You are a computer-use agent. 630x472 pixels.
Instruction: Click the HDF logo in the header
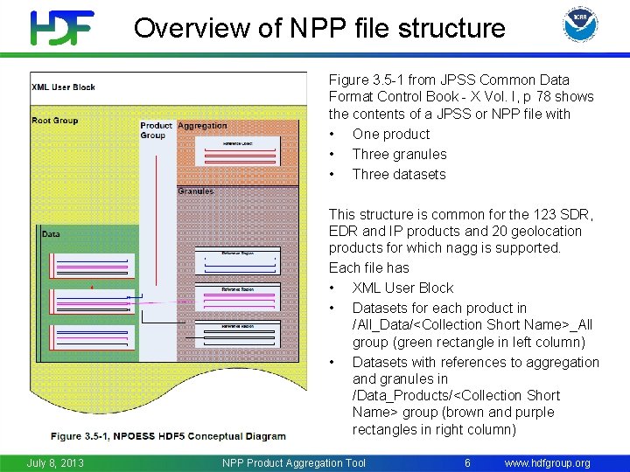[x=62, y=27]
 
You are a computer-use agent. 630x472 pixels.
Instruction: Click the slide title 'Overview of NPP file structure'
[x=319, y=28]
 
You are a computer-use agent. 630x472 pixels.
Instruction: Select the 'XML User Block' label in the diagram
[x=63, y=87]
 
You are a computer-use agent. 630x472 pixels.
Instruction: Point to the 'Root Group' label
[x=54, y=121]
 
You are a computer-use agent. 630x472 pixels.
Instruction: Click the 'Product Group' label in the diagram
[x=156, y=130]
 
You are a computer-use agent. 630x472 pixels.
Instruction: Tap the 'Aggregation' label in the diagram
[x=202, y=126]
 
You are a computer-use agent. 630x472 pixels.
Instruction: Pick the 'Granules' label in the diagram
[x=195, y=191]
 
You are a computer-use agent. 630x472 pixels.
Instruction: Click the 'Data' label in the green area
[x=51, y=233]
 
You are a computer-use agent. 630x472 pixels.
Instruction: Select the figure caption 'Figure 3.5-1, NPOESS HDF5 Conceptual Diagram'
[x=168, y=436]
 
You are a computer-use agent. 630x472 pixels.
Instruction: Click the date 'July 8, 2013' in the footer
[x=55, y=462]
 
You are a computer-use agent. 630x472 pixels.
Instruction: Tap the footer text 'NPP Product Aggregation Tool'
[x=294, y=462]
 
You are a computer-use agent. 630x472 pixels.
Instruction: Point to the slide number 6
[x=467, y=462]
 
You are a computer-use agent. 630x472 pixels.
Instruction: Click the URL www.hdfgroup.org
[x=547, y=462]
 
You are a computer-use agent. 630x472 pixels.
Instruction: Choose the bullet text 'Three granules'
[x=399, y=154]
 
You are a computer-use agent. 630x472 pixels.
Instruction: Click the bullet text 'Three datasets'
[x=398, y=174]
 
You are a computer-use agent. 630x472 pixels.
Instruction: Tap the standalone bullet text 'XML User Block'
[x=402, y=288]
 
